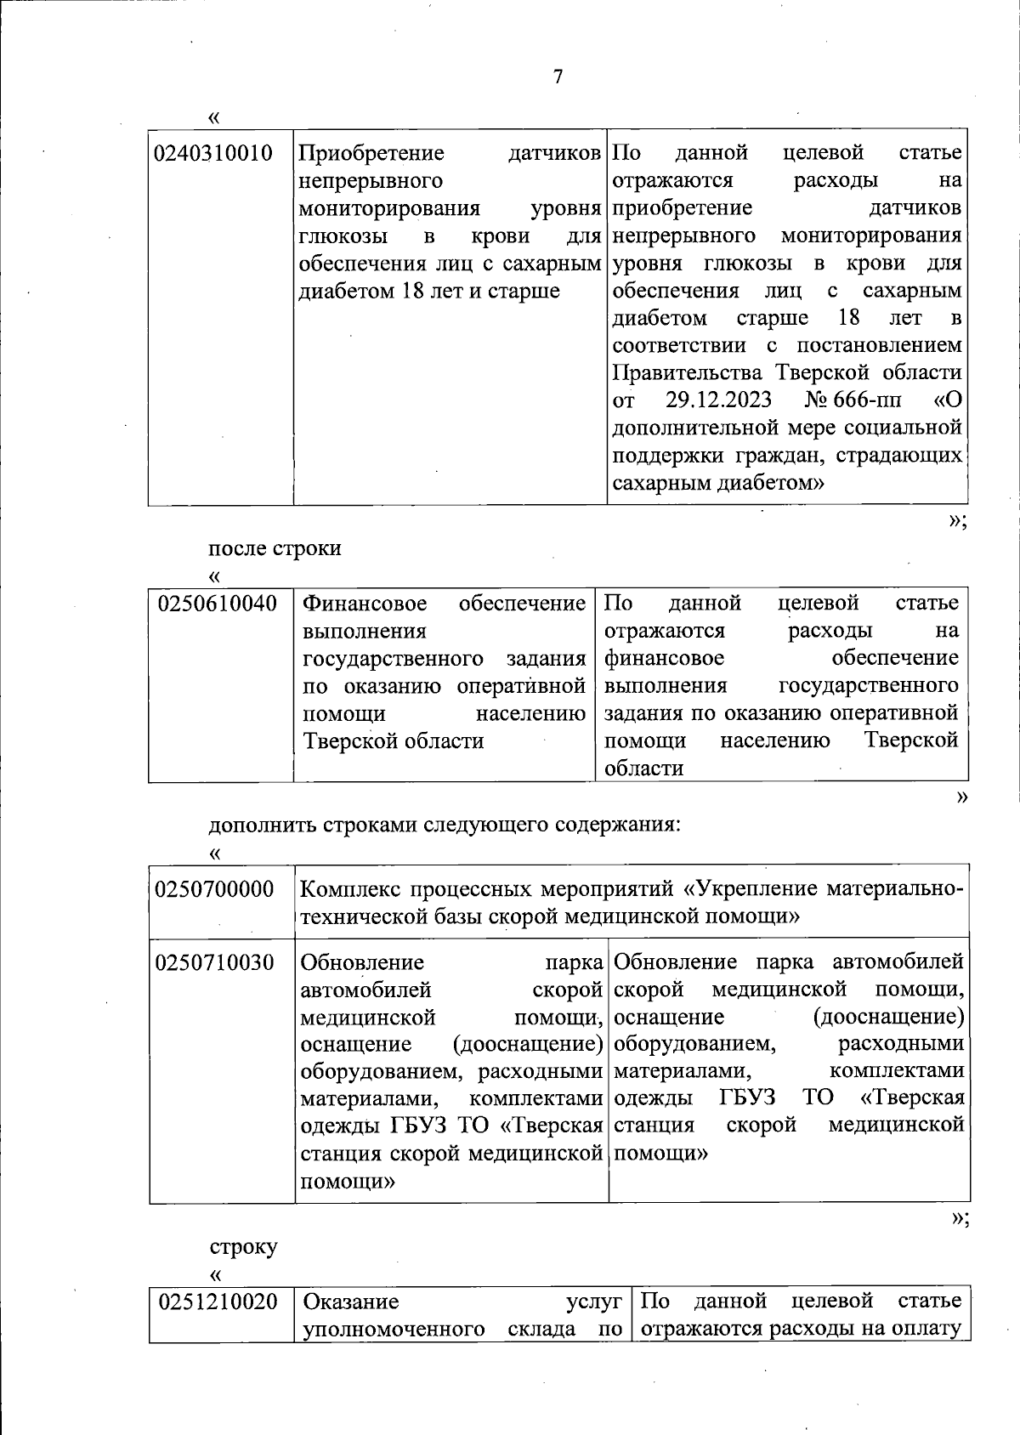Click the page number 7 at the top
point(558,77)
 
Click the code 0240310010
point(213,154)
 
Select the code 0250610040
point(218,604)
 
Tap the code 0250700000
point(215,890)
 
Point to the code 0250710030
point(215,963)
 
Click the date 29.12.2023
point(718,400)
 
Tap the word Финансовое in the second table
point(365,604)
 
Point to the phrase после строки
point(275,548)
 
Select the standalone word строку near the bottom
point(244,1247)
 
